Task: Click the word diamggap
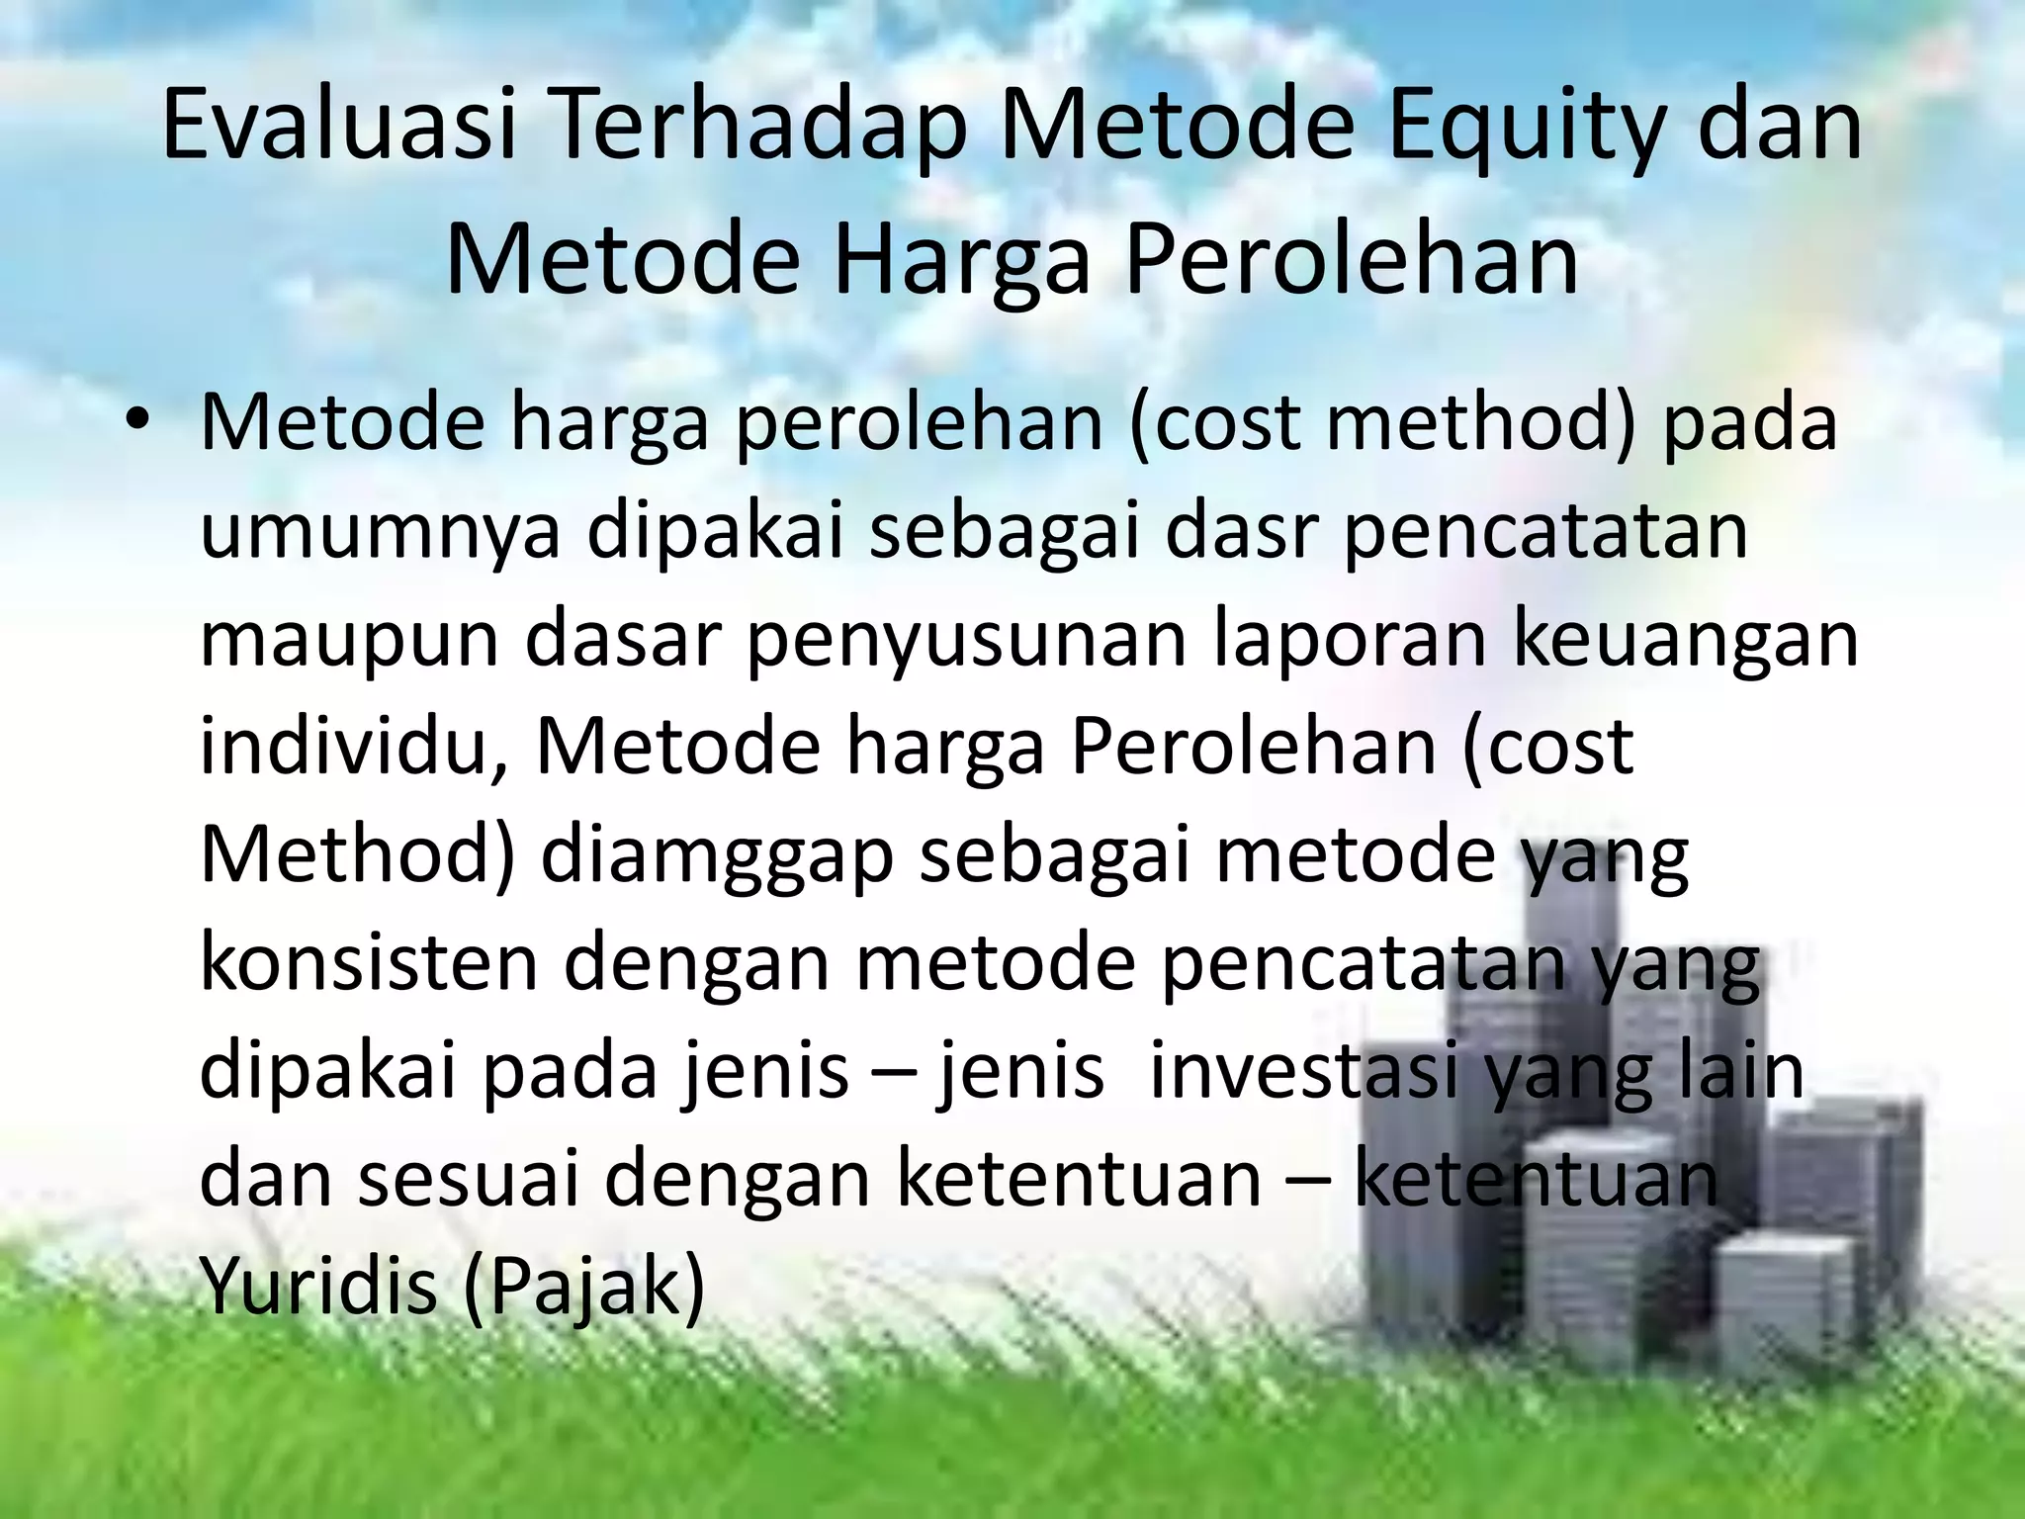(717, 856)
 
